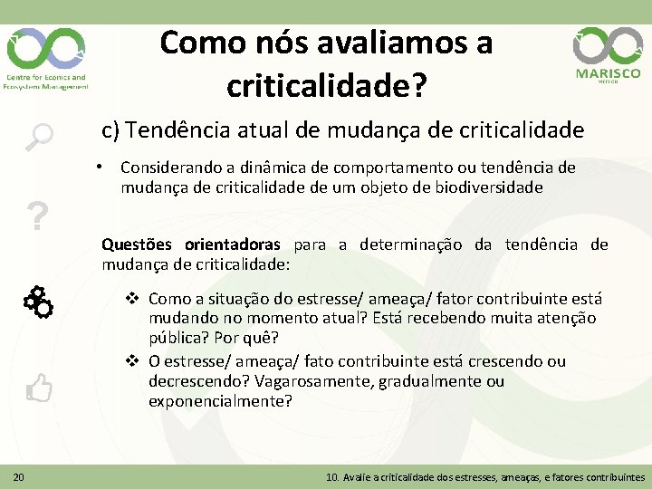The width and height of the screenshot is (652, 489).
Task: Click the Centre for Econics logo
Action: [46, 56]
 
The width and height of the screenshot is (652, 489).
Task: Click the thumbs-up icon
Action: [39, 388]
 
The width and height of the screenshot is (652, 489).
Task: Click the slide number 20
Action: [18, 476]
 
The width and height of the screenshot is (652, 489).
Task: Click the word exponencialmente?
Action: [220, 401]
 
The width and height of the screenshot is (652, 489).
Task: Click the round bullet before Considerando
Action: [107, 168]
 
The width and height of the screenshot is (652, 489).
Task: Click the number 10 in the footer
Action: [332, 476]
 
